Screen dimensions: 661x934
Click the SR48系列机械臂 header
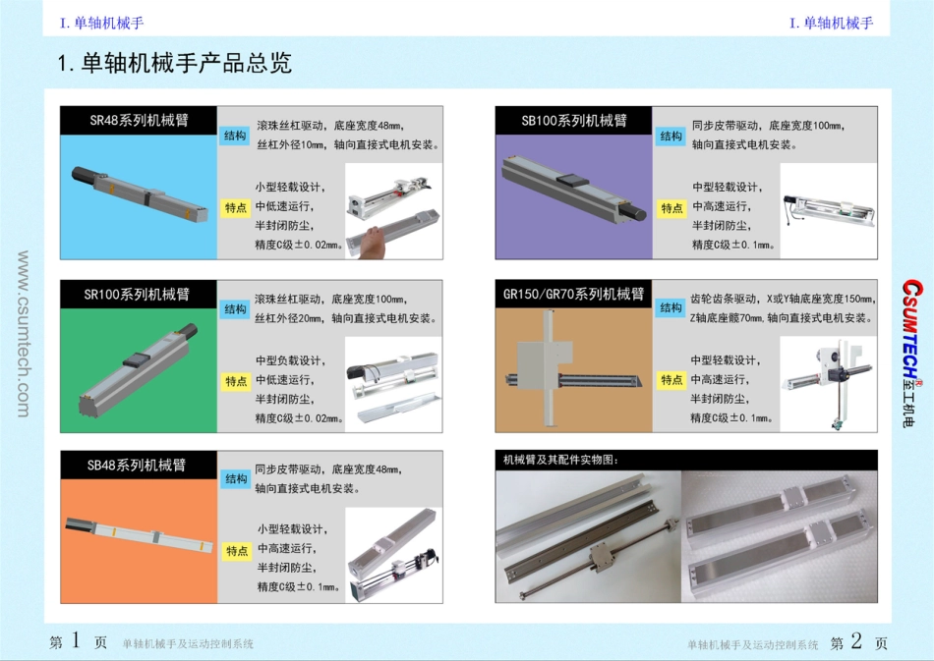click(x=139, y=120)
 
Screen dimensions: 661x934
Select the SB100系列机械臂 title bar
click(x=573, y=120)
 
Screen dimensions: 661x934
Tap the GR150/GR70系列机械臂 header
click(x=573, y=294)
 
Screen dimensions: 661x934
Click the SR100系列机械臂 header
click(x=138, y=294)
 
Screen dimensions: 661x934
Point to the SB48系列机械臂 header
click(x=138, y=465)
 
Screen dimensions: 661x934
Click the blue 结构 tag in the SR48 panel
click(x=235, y=136)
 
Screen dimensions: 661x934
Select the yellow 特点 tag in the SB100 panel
click(x=671, y=207)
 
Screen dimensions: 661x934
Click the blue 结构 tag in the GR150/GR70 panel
click(x=671, y=308)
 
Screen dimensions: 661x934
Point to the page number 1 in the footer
click(x=77, y=641)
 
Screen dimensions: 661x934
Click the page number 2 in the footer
click(x=856, y=641)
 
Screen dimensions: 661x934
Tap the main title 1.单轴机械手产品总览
click(x=175, y=64)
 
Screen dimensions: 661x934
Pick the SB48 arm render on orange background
click(x=138, y=531)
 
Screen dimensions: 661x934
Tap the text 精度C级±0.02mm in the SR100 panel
click(x=299, y=418)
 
